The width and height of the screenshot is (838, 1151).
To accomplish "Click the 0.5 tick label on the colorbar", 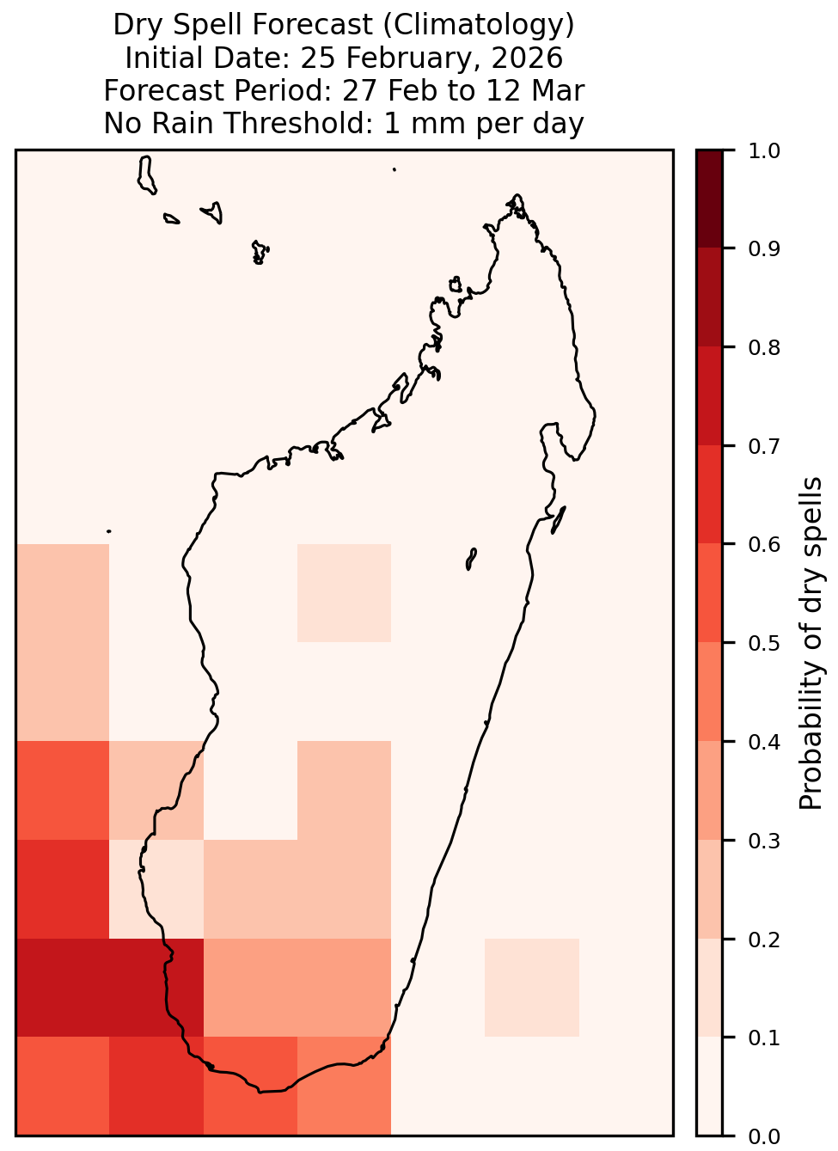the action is (764, 643).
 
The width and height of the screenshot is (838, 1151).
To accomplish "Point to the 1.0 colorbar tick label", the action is (764, 151).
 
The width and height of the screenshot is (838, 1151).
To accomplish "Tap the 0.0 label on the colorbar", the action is (764, 1136).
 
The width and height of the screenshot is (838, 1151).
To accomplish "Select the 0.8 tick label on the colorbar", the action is (764, 348).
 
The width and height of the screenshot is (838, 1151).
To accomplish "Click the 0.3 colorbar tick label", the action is (764, 841).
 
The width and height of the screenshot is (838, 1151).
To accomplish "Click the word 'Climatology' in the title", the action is (478, 25).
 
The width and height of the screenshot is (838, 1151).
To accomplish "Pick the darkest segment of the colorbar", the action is (710, 199).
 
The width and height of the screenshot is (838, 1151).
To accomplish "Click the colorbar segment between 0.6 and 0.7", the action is (710, 495).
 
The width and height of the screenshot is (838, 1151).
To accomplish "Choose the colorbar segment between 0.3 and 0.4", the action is (710, 790).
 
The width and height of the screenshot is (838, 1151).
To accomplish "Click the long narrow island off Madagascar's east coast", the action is (559, 520).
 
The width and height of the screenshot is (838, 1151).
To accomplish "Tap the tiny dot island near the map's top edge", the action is (395, 169).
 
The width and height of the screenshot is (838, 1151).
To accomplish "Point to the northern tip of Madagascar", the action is (517, 195).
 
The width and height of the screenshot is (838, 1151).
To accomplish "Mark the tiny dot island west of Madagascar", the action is (108, 531).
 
